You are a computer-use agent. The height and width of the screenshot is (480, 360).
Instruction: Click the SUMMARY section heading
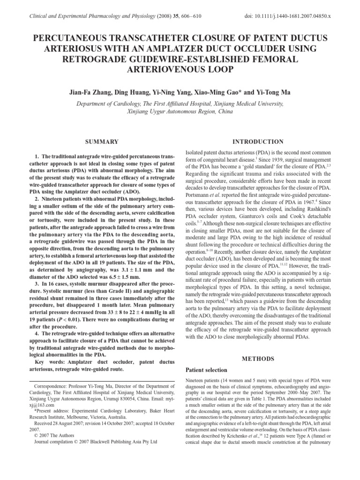pos(101,142)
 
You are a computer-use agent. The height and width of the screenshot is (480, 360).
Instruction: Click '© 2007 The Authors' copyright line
pos(54,435)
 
